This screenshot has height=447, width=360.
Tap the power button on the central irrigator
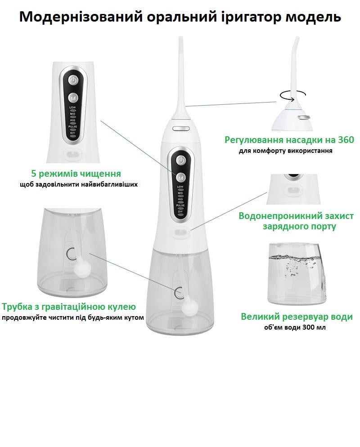(x=180, y=160)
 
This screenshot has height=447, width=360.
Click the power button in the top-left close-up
(x=73, y=80)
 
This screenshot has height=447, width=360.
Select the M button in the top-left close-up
(x=73, y=97)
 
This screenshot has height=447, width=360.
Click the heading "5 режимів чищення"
(x=76, y=174)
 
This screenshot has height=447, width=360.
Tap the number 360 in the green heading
(x=345, y=140)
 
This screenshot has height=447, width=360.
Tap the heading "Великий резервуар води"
(x=297, y=317)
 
